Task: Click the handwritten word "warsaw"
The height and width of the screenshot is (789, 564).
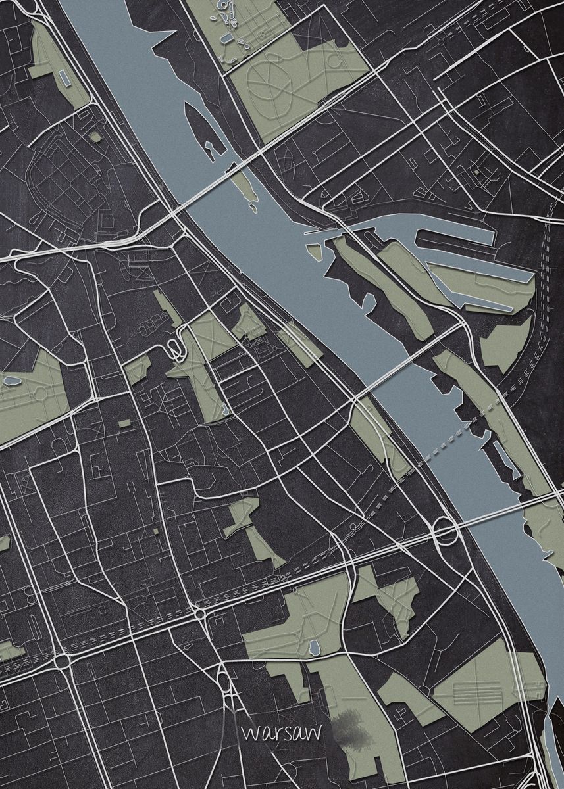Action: (270, 732)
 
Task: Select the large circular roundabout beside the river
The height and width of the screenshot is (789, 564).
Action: (445, 531)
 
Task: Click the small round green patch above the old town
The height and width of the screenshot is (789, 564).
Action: (96, 137)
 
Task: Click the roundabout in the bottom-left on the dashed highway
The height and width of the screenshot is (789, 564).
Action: (63, 659)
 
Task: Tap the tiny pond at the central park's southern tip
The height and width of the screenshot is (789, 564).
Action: (225, 412)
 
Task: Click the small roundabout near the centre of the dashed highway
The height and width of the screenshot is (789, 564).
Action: (199, 614)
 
